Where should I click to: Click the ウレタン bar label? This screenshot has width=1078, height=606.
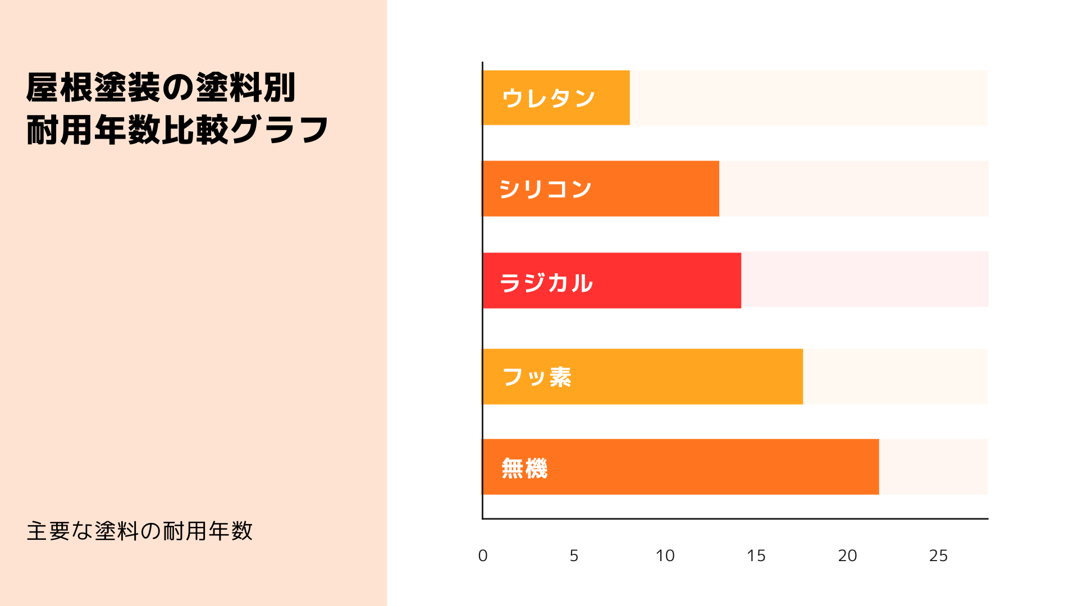click(548, 98)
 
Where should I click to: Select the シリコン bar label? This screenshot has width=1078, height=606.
click(545, 189)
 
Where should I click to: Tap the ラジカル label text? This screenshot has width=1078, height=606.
click(546, 282)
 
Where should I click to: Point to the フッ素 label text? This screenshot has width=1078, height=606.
click(537, 377)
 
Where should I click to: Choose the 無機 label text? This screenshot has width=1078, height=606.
click(524, 468)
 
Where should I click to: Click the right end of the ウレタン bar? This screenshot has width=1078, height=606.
click(628, 98)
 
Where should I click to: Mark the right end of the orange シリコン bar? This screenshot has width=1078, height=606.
click(718, 189)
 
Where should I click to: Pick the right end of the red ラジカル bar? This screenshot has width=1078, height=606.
click(739, 281)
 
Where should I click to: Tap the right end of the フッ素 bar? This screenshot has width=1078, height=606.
click(801, 377)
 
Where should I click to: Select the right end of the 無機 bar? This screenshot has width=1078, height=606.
click(877, 467)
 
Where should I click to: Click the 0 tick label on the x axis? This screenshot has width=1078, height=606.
click(483, 555)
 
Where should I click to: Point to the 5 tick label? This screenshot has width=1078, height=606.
click(574, 555)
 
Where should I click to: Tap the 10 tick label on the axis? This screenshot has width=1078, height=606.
click(665, 555)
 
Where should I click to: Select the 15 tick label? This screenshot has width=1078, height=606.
click(756, 555)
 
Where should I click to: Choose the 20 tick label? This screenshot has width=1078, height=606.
click(847, 555)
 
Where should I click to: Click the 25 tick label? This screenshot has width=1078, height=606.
click(938, 555)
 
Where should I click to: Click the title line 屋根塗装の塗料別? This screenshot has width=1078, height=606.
click(161, 88)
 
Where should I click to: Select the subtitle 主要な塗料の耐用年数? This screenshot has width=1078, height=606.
click(140, 531)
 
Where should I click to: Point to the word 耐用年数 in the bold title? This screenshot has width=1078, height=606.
click(93, 130)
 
